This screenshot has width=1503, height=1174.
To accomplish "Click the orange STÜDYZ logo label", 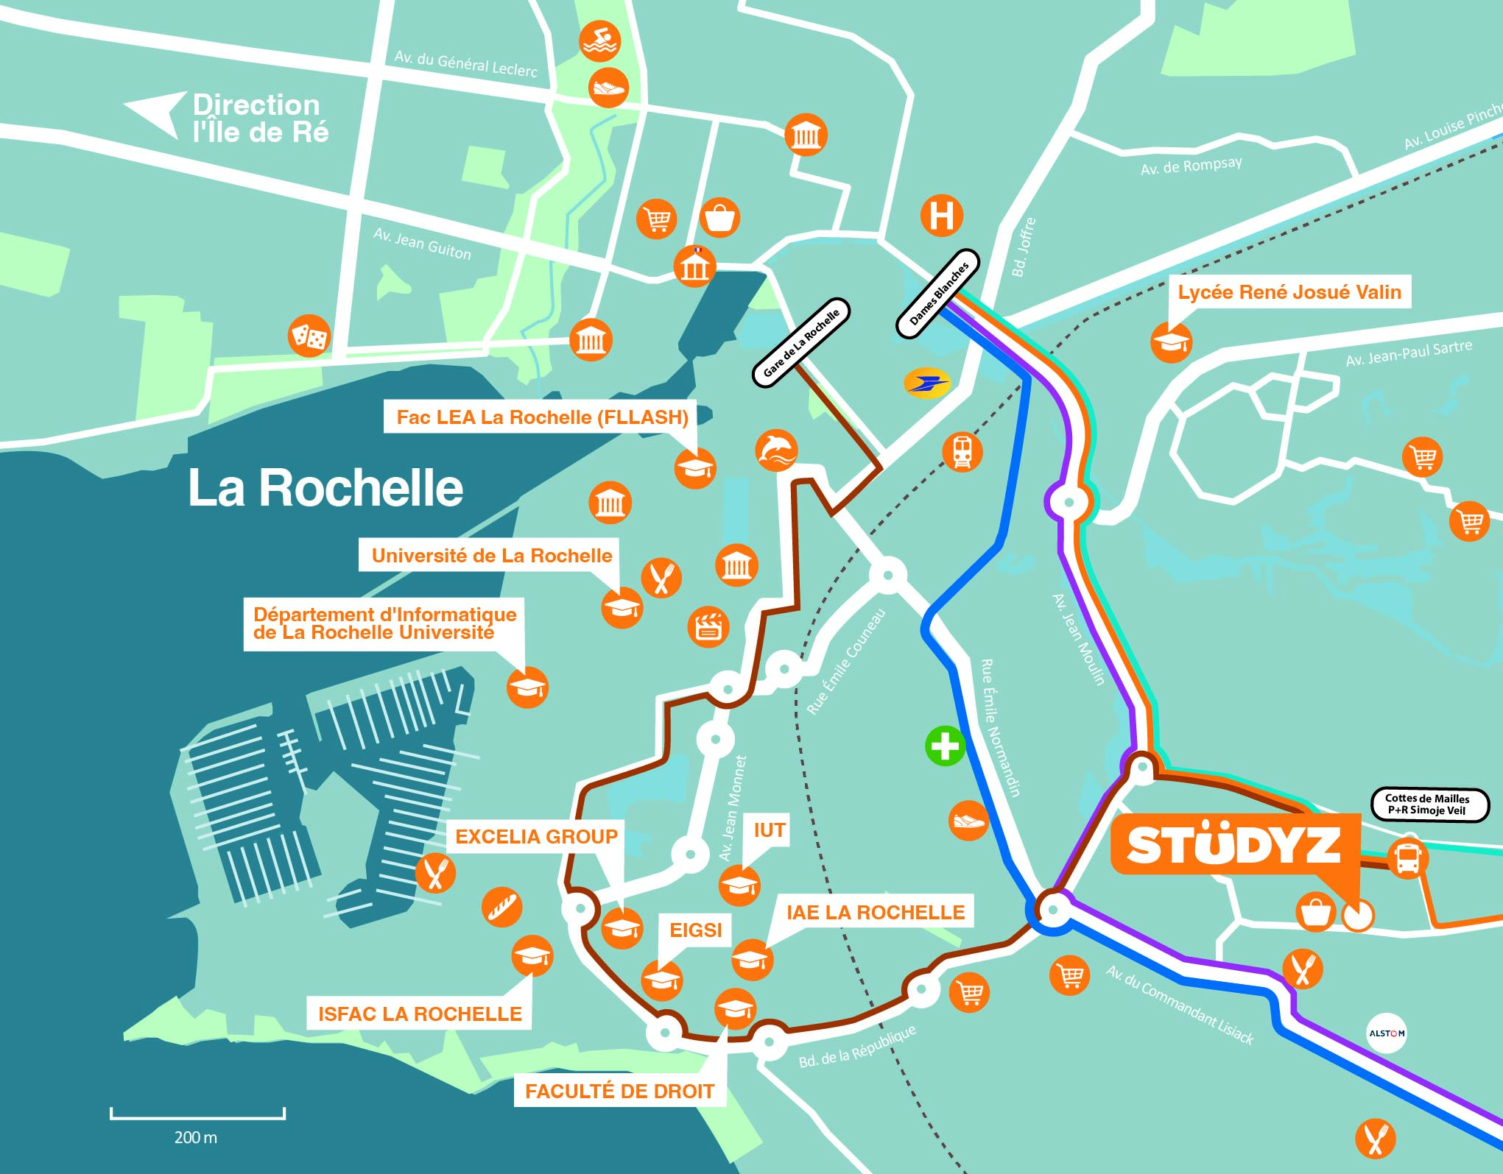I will (x=1234, y=845).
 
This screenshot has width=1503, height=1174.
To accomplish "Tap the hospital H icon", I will (x=942, y=216).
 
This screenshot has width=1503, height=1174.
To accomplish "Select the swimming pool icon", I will (x=599, y=42).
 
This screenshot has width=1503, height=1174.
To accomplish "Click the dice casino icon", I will (x=309, y=336).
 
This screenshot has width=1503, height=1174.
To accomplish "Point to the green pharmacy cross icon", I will (x=946, y=746).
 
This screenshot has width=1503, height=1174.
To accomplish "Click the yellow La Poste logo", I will (x=927, y=383).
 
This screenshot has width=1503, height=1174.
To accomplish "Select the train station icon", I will (x=962, y=451).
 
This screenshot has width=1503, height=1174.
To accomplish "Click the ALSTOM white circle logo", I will (x=1386, y=1033).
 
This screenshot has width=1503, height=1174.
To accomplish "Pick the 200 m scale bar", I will (x=197, y=1114).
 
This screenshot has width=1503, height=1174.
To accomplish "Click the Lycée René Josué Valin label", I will (x=1289, y=292).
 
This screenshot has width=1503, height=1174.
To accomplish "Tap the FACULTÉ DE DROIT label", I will (x=619, y=1091).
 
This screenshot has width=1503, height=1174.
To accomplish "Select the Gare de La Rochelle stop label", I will (x=801, y=343).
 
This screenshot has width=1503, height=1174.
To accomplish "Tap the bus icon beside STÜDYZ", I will (x=1407, y=857).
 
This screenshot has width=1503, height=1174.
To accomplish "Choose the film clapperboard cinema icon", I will (x=708, y=627).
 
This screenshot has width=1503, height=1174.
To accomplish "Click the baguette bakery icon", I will (x=502, y=907).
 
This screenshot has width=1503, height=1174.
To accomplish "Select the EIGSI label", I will (x=695, y=930).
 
